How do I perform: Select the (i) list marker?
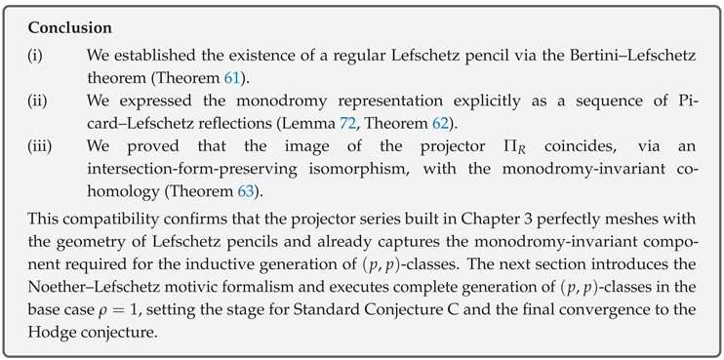tap(34, 58)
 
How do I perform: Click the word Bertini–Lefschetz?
tap(576, 58)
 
